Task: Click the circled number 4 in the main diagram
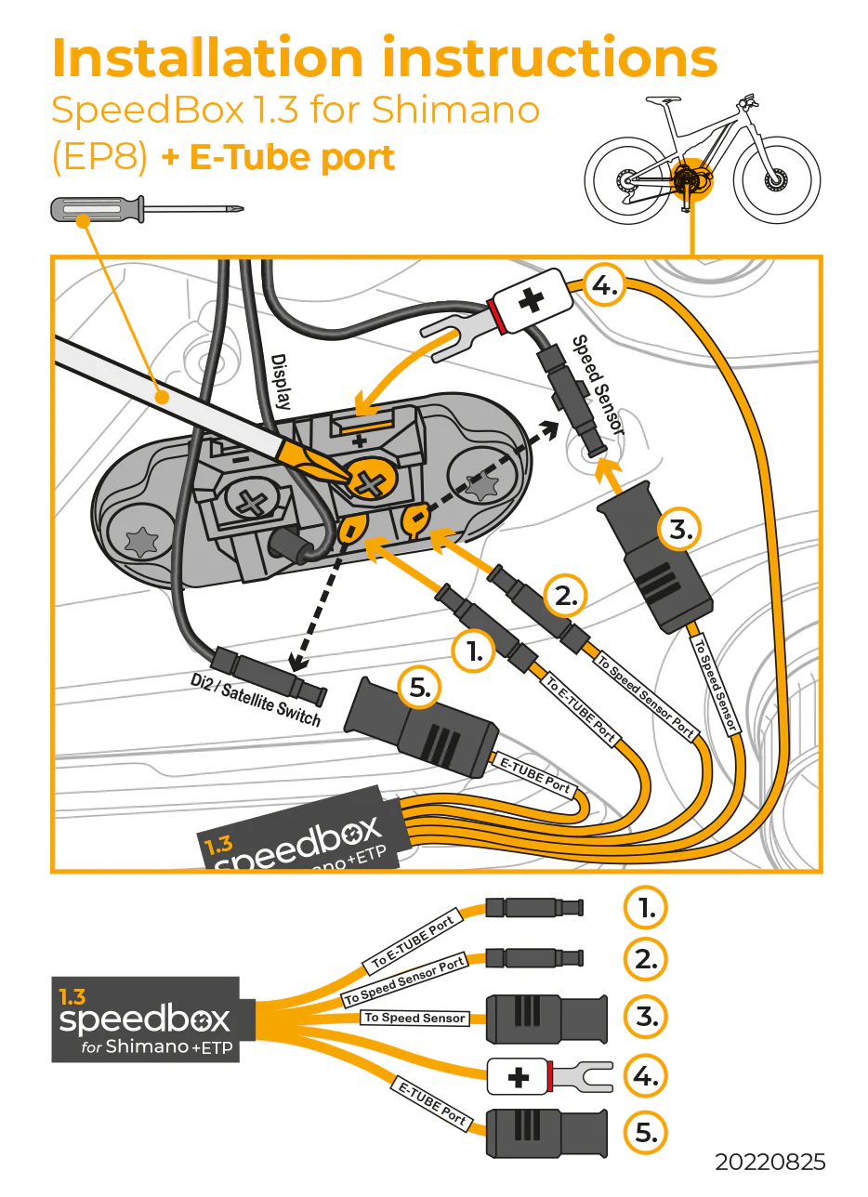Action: point(603,286)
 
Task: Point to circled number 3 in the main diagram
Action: point(680,531)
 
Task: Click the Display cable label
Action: point(280,381)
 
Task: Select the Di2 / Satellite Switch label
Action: point(255,701)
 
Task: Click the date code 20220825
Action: point(769,1162)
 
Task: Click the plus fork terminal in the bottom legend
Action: point(548,1077)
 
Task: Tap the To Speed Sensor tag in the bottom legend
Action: point(414,1018)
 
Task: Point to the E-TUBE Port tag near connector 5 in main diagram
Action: point(535,775)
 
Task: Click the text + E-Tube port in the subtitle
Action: point(279,158)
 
